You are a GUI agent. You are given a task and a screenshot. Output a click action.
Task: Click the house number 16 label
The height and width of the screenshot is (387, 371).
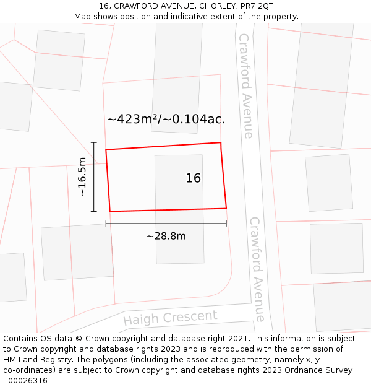193,178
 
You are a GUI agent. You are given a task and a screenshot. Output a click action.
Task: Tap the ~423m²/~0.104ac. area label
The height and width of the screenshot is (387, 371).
166,120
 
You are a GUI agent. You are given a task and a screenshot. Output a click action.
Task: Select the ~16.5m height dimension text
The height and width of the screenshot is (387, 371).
82,177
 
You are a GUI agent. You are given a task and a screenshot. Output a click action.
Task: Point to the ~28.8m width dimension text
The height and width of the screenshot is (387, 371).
166,236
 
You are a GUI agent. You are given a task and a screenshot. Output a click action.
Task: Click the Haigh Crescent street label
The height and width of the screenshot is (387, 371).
170,318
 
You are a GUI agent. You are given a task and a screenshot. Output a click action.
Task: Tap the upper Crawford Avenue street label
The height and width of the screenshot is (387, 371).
246,85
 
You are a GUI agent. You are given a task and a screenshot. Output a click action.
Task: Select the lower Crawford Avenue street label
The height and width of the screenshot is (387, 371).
257,269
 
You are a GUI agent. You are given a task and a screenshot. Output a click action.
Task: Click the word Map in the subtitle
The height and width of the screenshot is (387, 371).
83,17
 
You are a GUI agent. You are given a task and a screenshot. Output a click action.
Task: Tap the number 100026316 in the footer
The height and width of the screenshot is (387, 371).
26,381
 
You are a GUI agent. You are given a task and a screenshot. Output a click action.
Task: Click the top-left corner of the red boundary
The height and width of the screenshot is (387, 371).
106,150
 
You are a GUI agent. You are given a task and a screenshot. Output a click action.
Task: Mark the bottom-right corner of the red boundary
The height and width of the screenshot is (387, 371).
226,208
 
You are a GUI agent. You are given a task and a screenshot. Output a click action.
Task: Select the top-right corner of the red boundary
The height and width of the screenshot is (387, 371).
221,142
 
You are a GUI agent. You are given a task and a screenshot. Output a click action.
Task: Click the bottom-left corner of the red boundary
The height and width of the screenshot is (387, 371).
110,212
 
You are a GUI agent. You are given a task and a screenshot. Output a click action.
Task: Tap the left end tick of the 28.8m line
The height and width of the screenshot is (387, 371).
106,223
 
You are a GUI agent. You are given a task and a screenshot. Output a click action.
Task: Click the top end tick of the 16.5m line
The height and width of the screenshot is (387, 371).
94,142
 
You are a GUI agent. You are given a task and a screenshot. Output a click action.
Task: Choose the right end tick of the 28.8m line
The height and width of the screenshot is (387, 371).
226,223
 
